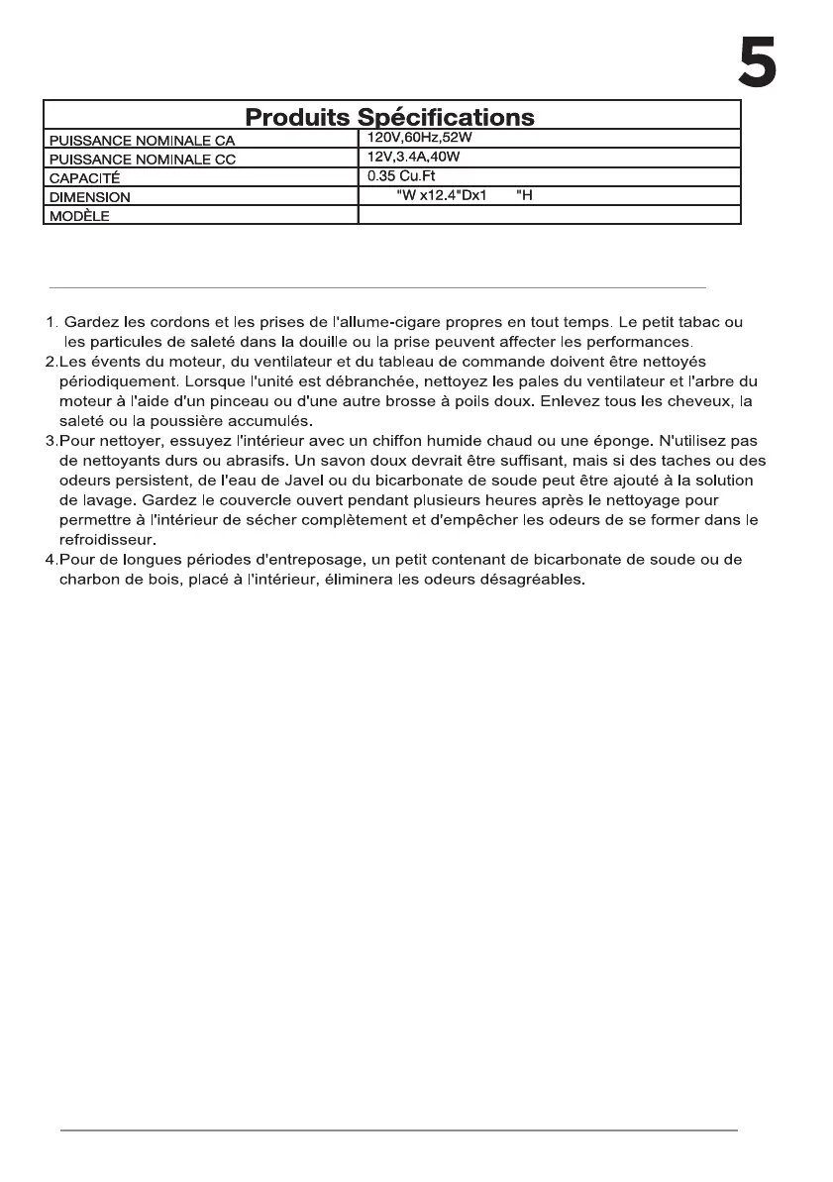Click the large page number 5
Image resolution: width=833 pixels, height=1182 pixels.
[x=757, y=64]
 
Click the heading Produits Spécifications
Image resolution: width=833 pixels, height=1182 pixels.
[x=390, y=118]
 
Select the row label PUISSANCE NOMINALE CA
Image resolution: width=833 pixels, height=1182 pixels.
[x=143, y=141]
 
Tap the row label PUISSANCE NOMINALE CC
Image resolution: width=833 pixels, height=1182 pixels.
[x=143, y=160]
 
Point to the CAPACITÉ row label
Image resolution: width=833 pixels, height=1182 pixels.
[x=84, y=178]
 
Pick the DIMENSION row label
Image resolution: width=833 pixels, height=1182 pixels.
[x=90, y=197]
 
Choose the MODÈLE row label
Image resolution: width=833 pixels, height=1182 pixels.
[x=79, y=216]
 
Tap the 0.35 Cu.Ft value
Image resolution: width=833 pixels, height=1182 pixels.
[x=401, y=176]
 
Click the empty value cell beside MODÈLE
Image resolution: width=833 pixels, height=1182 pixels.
[x=549, y=215]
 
